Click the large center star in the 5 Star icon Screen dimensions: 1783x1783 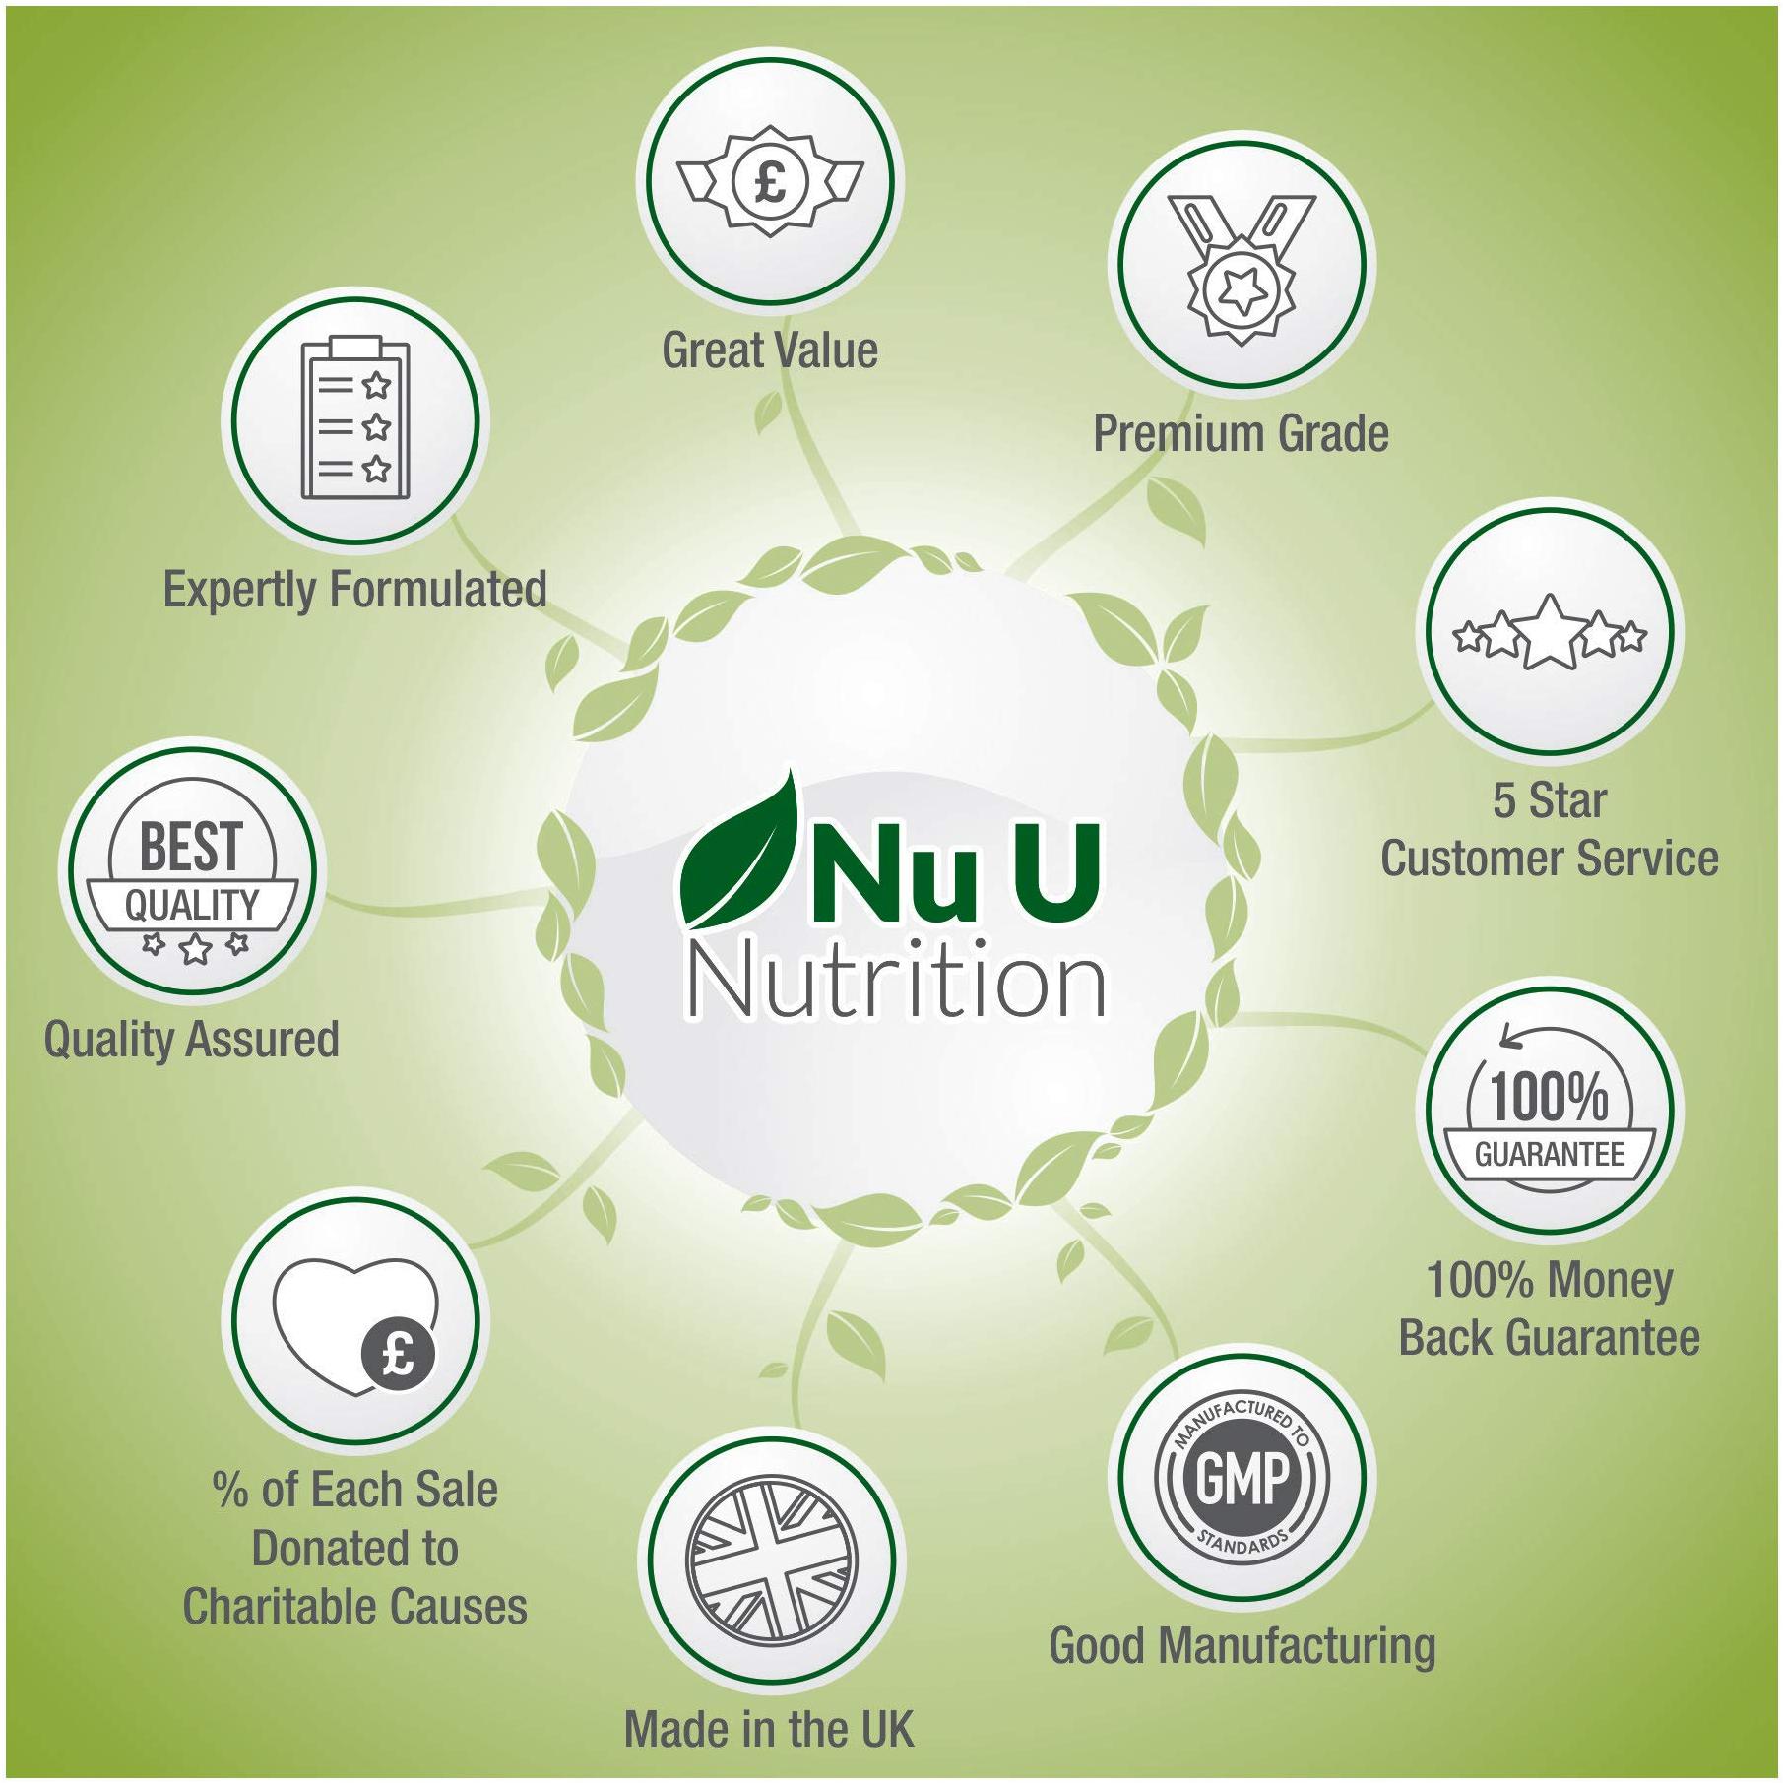pyautogui.click(x=1551, y=631)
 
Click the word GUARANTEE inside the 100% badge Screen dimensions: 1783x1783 pyautogui.click(x=1549, y=1155)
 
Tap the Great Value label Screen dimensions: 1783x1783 pyautogui.click(x=769, y=350)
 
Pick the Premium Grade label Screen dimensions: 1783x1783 pyautogui.click(x=1241, y=434)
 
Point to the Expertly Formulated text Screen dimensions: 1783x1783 pyautogui.click(x=354, y=590)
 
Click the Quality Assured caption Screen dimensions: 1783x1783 pyautogui.click(x=192, y=1040)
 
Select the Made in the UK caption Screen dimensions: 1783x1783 pyautogui.click(x=769, y=1729)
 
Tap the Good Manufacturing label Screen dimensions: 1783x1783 pyautogui.click(x=1242, y=1645)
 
